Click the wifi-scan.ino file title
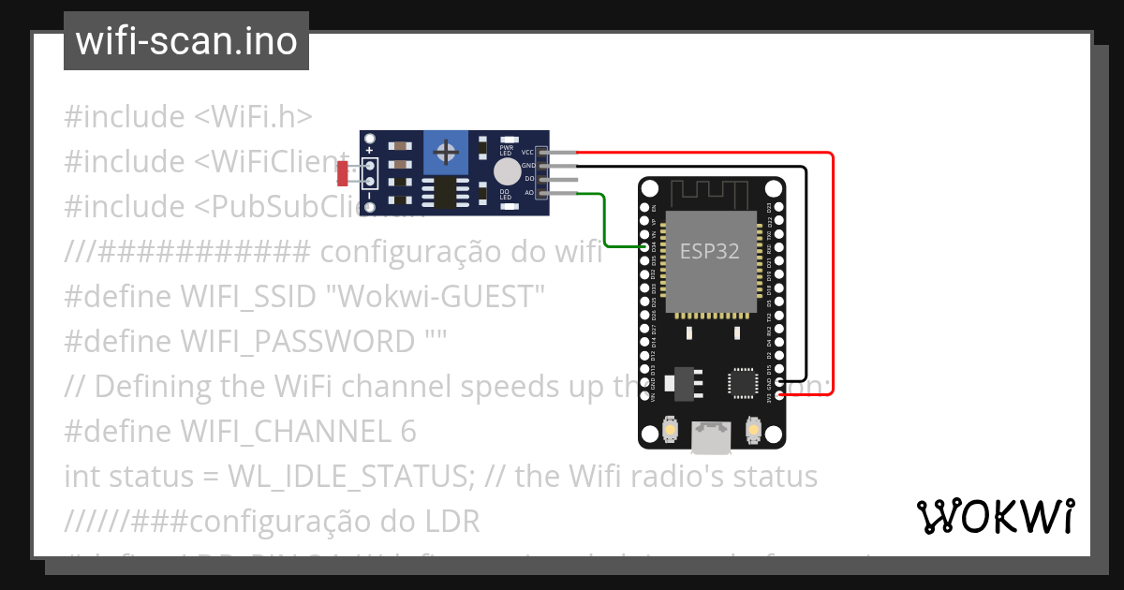[185, 41]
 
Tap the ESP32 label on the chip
[710, 251]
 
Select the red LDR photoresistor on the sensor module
[342, 173]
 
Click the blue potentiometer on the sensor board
[448, 151]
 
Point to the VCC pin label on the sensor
[527, 152]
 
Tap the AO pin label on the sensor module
[529, 193]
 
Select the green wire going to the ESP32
[605, 225]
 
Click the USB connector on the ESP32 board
[709, 433]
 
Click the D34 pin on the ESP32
[644, 246]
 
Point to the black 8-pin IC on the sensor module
[439, 192]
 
